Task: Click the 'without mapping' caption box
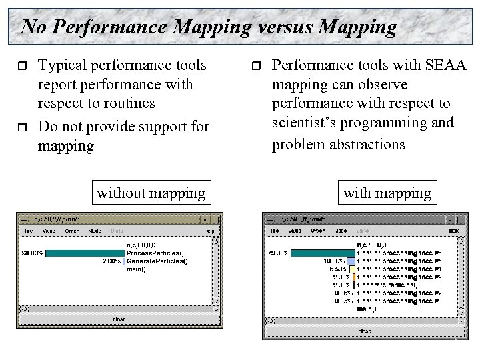click(151, 193)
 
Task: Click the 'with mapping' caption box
click(387, 193)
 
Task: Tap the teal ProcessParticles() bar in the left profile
click(85, 253)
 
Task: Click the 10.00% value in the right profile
click(335, 261)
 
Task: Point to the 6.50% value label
click(339, 269)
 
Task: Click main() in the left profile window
click(137, 269)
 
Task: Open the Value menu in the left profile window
click(49, 231)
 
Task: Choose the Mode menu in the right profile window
click(340, 231)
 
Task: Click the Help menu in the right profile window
click(453, 231)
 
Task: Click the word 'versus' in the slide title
click(265, 27)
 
